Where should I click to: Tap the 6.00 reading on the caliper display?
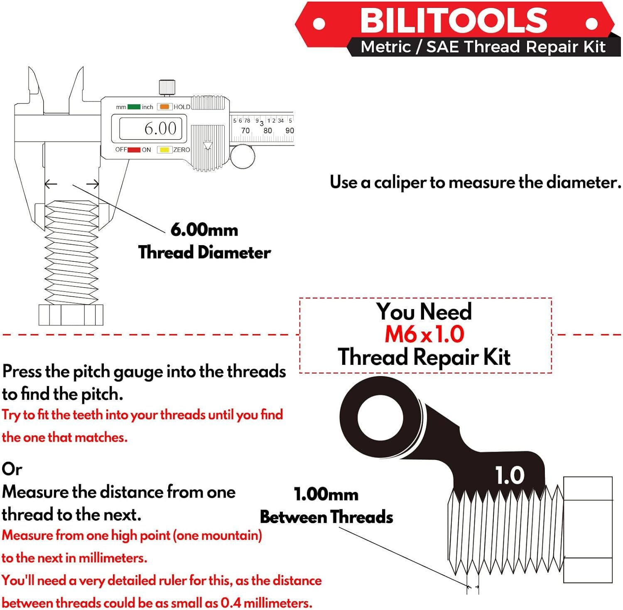click(160, 128)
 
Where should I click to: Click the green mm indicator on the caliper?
click(134, 107)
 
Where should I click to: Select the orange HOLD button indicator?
click(164, 107)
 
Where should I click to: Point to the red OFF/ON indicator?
click(134, 150)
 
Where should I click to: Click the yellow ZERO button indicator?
click(164, 150)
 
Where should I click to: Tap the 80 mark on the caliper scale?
click(267, 130)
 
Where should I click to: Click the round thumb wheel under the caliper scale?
click(243, 157)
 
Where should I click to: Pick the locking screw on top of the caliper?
click(167, 88)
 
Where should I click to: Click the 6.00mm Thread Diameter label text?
click(204, 241)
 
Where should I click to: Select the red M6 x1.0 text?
click(424, 334)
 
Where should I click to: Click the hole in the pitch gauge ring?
click(380, 417)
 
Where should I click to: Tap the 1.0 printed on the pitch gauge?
click(510, 475)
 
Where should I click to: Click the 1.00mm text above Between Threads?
click(326, 494)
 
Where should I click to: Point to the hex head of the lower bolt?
click(588, 529)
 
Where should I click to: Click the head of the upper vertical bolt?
click(71, 315)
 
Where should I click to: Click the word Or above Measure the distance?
click(12, 469)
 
